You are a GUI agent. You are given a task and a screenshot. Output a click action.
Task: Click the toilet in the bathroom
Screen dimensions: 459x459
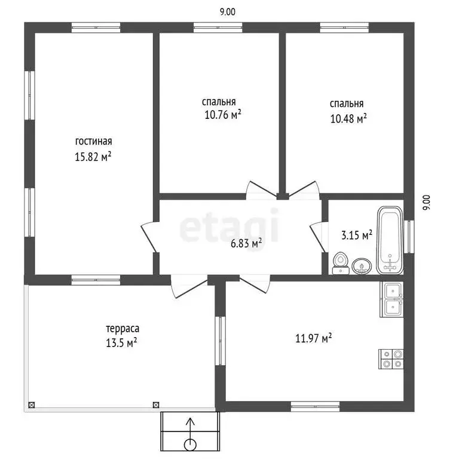pyautogui.click(x=341, y=263)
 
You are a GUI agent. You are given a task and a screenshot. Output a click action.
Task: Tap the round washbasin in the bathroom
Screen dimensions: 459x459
pyautogui.click(x=362, y=267)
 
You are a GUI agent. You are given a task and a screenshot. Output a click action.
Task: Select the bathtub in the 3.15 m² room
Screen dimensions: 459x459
pyautogui.click(x=390, y=240)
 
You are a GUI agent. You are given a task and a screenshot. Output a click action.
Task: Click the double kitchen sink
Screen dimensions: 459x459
pyautogui.click(x=391, y=299)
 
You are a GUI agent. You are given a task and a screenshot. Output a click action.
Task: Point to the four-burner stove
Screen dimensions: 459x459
pyautogui.click(x=391, y=359)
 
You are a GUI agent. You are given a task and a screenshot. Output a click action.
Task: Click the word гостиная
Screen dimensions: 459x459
pyautogui.click(x=94, y=142)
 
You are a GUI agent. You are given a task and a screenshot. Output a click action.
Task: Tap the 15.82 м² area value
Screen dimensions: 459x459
pyautogui.click(x=93, y=157)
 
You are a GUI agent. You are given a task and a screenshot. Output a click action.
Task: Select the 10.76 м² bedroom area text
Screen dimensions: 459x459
pyautogui.click(x=223, y=115)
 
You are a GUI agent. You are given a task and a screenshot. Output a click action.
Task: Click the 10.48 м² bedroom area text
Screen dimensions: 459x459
pyautogui.click(x=348, y=118)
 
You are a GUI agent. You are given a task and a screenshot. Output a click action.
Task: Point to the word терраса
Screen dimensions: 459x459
pyautogui.click(x=123, y=329)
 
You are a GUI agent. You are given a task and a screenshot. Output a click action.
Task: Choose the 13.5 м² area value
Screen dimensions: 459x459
pyautogui.click(x=121, y=342)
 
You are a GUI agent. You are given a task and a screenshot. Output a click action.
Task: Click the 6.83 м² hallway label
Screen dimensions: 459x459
pyautogui.click(x=246, y=243)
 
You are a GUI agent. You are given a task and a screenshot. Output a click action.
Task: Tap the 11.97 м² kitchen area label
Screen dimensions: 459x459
pyautogui.click(x=314, y=338)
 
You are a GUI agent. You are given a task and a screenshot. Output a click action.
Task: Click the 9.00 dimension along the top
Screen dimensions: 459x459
pyautogui.click(x=228, y=12)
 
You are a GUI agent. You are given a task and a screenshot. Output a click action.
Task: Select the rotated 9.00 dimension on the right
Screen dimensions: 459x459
pyautogui.click(x=427, y=203)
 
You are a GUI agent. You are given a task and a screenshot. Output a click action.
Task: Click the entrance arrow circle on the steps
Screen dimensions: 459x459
pyautogui.click(x=190, y=445)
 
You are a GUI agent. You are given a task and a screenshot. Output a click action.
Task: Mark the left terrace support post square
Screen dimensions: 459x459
pyautogui.click(x=31, y=405)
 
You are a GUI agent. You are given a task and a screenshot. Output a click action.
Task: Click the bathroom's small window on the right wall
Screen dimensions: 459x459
pyautogui.click(x=409, y=237)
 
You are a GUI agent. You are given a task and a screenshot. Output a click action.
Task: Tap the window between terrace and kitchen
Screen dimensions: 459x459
pyautogui.click(x=221, y=341)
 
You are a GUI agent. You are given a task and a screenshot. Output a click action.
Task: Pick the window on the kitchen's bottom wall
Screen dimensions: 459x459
pyautogui.click(x=316, y=406)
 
